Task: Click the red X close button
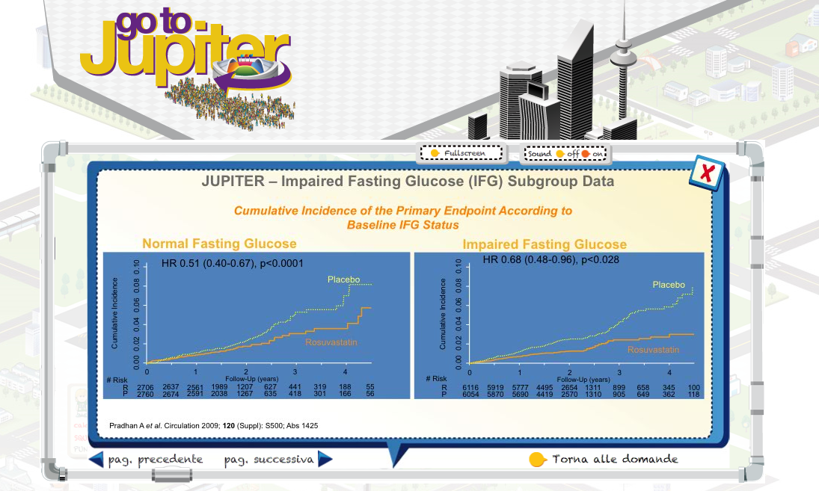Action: [706, 172]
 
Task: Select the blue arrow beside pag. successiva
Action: [325, 459]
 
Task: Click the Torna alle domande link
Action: [615, 459]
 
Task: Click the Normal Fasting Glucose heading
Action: [219, 244]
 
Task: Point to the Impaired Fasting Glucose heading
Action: [545, 244]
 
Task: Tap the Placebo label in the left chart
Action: [344, 280]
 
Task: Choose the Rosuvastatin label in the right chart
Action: [653, 350]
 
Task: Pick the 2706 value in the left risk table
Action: [145, 388]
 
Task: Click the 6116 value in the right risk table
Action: [470, 388]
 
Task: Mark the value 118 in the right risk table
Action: [693, 395]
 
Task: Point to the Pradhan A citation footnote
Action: [214, 426]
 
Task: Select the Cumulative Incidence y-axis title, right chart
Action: [443, 314]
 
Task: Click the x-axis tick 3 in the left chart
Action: [295, 372]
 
